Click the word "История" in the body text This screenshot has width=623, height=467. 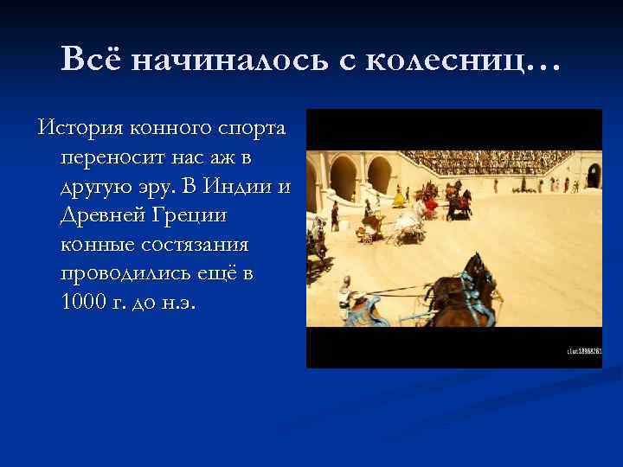[x=80, y=129]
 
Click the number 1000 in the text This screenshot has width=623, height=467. [x=85, y=303]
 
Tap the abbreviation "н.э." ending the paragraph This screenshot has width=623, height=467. [x=180, y=303]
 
